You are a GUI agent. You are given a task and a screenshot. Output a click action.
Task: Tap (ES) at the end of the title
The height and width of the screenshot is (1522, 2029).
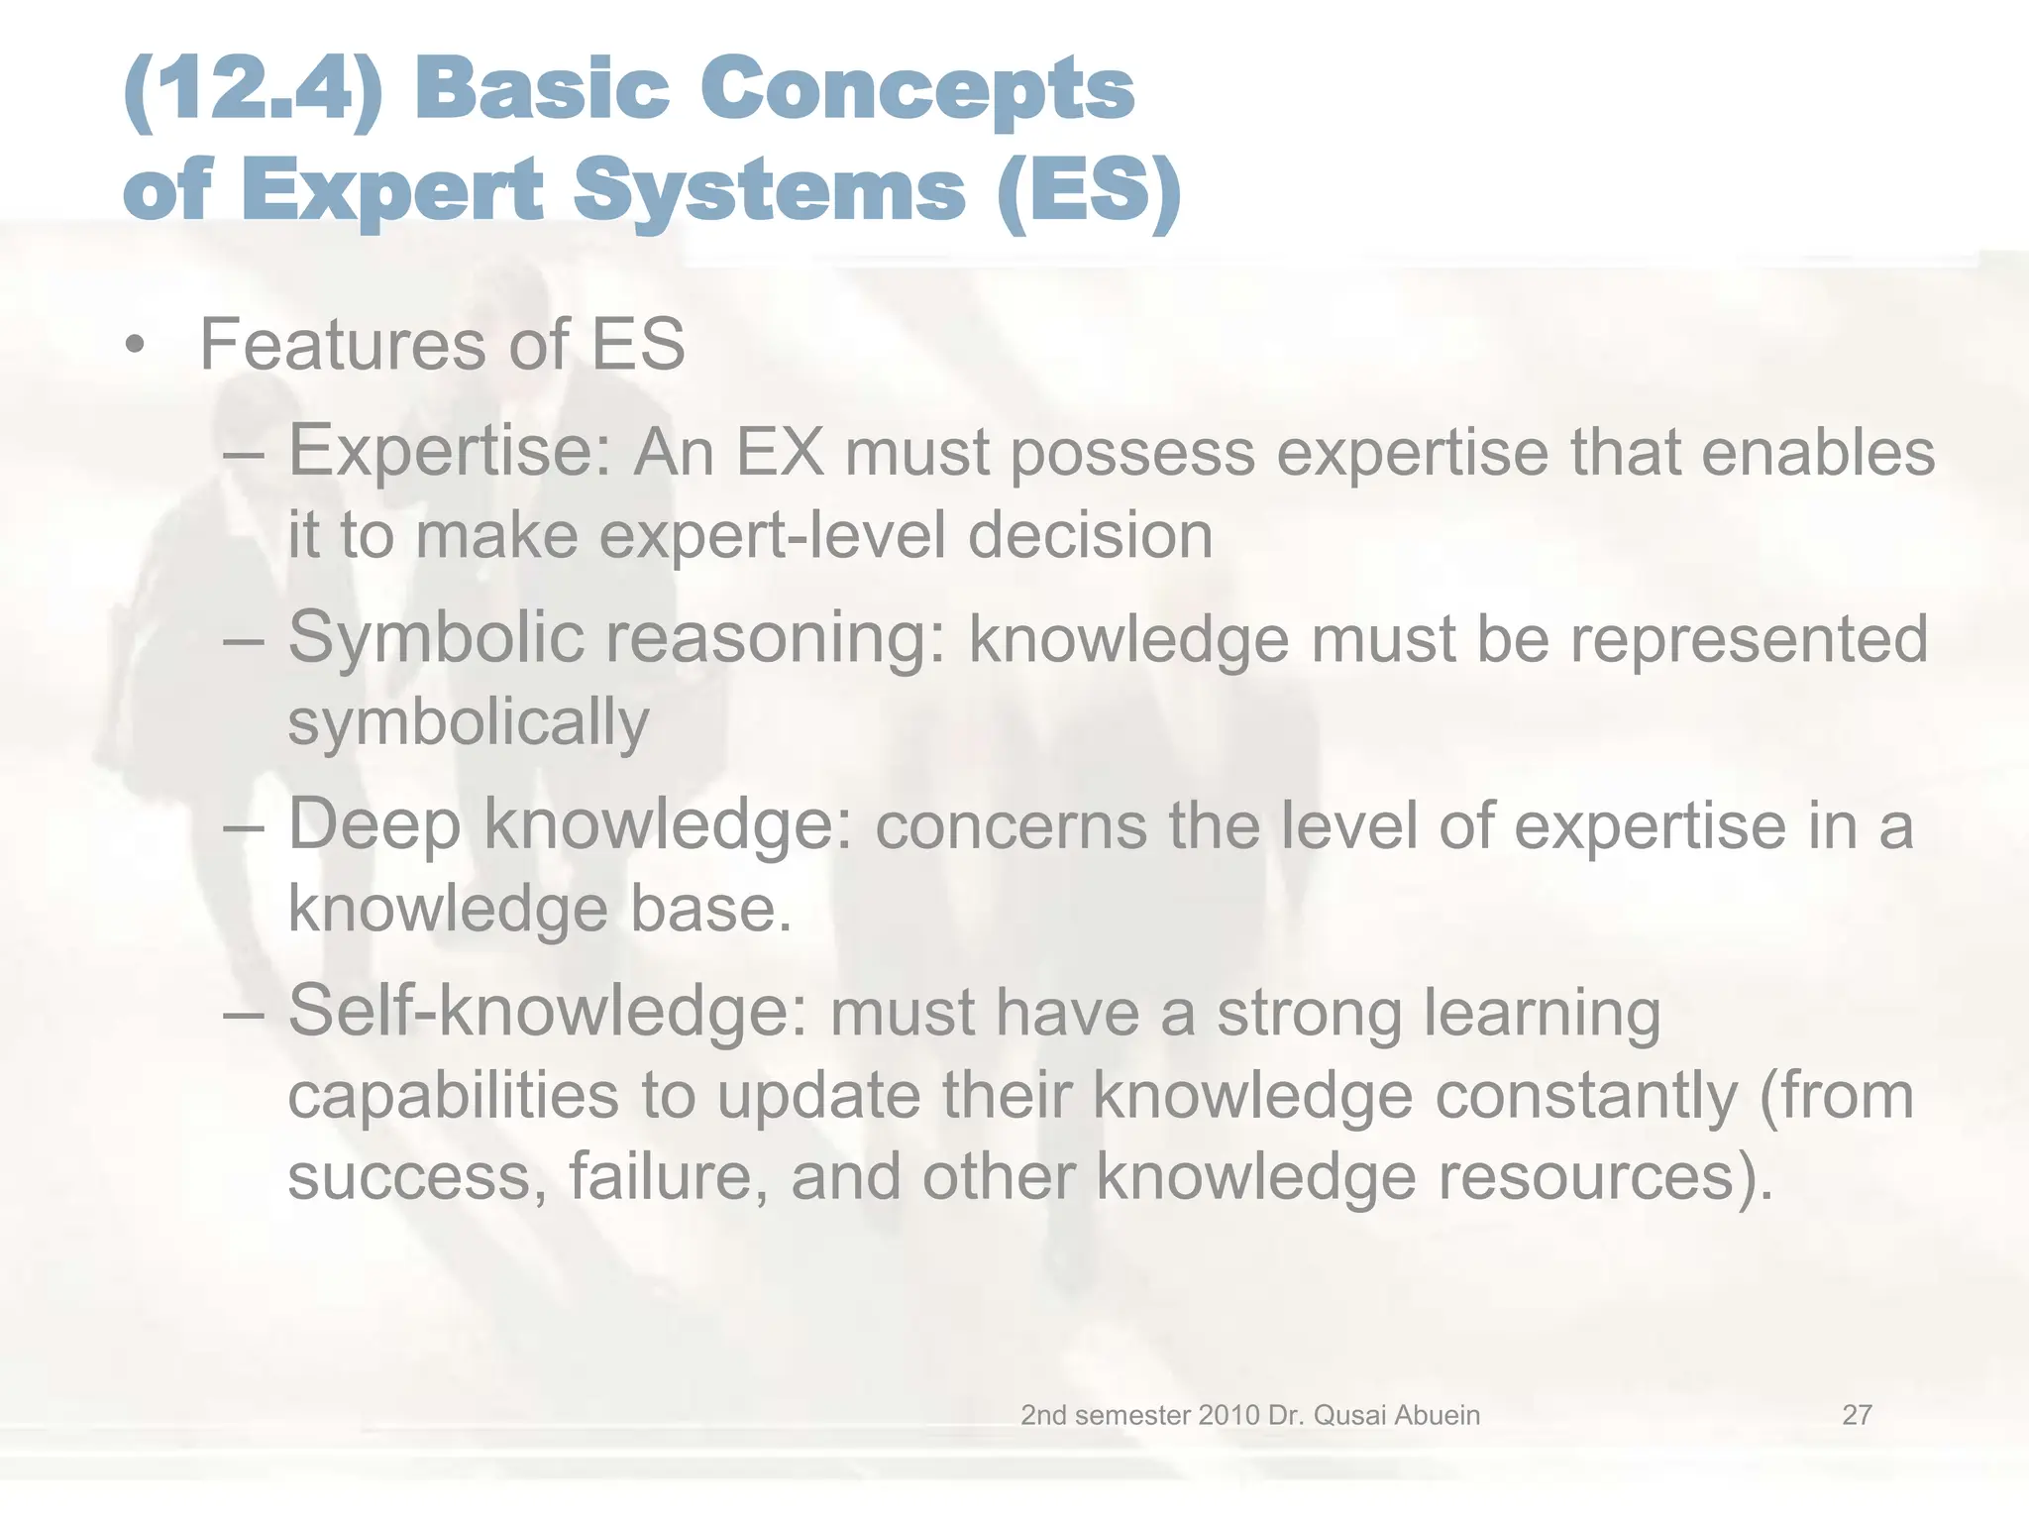click(x=1090, y=190)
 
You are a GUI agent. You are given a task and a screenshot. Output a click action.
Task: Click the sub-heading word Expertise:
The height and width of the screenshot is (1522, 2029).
click(x=450, y=452)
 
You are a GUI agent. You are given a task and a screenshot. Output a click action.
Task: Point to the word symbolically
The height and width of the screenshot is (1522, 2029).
click(x=468, y=722)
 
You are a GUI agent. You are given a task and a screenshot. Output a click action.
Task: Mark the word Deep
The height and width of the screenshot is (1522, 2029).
click(x=374, y=825)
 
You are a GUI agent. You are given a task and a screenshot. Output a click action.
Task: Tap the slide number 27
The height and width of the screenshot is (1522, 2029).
click(x=1857, y=1415)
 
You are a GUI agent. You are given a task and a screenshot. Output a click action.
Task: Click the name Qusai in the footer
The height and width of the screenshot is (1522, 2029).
click(x=1354, y=1415)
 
